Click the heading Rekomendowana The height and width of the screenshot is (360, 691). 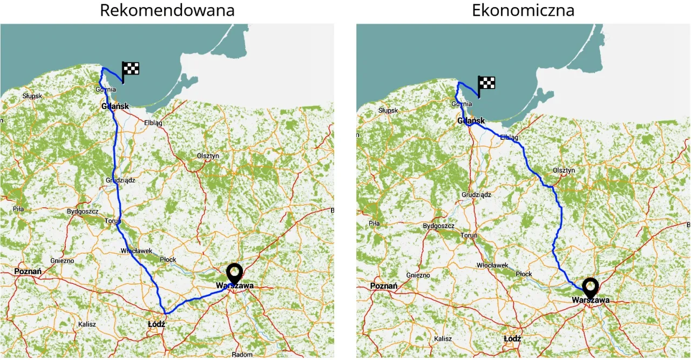pyautogui.click(x=167, y=10)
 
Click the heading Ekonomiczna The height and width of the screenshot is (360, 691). pyautogui.click(x=523, y=10)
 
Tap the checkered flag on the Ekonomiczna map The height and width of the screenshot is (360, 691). pyautogui.click(x=486, y=84)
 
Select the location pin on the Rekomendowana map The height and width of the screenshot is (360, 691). pyautogui.click(x=234, y=273)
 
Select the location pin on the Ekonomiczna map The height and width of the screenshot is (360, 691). pyautogui.click(x=591, y=287)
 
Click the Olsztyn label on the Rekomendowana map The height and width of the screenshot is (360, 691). pyautogui.click(x=208, y=155)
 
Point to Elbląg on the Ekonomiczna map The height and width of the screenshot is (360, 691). pyautogui.click(x=510, y=137)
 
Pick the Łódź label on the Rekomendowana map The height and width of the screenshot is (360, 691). pyautogui.click(x=156, y=324)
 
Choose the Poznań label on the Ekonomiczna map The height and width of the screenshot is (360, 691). pyautogui.click(x=384, y=286)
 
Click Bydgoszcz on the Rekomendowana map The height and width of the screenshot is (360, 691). pyautogui.click(x=83, y=212)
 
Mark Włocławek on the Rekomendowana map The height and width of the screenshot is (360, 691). pyautogui.click(x=136, y=251)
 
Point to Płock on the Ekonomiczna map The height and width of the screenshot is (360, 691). pyautogui.click(x=524, y=274)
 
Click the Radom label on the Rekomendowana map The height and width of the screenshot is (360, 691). pyautogui.click(x=242, y=355)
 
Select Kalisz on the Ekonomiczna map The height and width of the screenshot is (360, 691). pyautogui.click(x=443, y=339)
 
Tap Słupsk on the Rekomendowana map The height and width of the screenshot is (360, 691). pyautogui.click(x=32, y=96)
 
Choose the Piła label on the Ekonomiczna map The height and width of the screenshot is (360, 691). pyautogui.click(x=374, y=223)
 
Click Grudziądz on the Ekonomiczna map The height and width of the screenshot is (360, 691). pyautogui.click(x=476, y=194)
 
